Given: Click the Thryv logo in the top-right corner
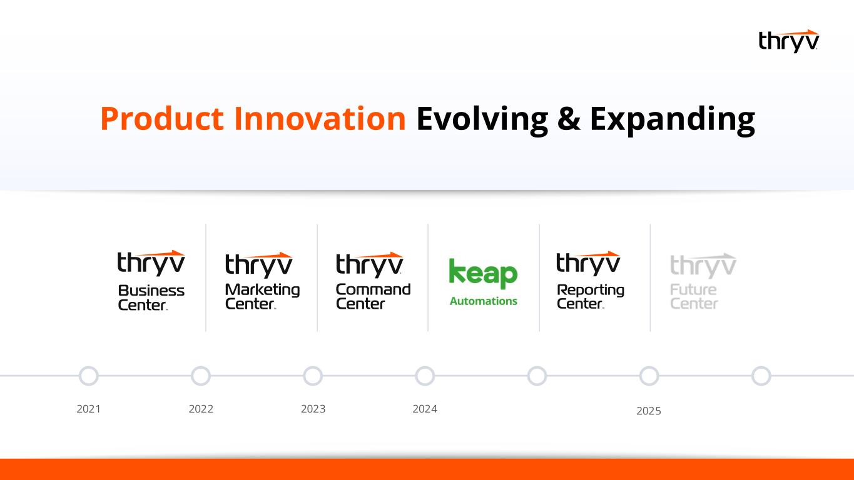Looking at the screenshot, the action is (788, 41).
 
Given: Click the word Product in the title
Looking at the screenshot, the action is (161, 119).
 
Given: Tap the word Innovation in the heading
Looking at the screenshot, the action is (320, 119).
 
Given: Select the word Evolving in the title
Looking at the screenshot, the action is (482, 121).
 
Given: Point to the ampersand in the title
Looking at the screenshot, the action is (569, 119).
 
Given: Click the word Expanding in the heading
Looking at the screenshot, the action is (673, 121).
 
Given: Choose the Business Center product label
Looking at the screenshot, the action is (151, 297).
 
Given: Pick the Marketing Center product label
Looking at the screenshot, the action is (262, 296).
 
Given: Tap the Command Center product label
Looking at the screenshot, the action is (374, 296).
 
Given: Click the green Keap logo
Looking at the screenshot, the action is (483, 273).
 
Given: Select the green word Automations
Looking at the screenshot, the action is (484, 301).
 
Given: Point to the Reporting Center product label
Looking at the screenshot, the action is (590, 296).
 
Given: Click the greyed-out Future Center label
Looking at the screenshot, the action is (694, 296).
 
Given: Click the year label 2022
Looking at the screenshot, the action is (201, 409).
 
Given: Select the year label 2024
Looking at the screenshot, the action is (425, 409).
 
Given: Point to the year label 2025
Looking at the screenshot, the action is (649, 411).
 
